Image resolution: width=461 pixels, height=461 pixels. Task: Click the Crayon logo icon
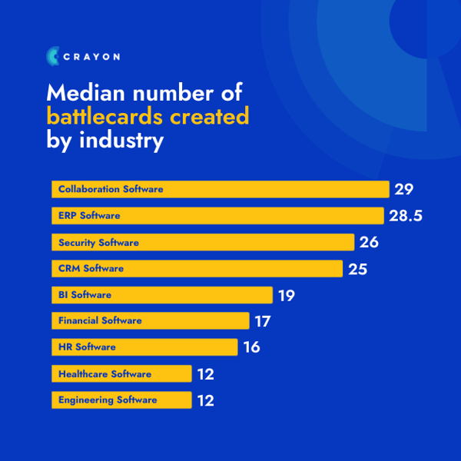tap(52, 55)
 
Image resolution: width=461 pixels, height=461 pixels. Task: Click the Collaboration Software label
tap(111, 189)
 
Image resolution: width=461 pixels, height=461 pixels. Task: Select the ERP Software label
tap(89, 216)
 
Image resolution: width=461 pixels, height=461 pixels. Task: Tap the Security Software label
tap(98, 243)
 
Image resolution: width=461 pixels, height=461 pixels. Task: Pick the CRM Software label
tap(91, 269)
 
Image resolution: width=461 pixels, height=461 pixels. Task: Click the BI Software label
tap(85, 295)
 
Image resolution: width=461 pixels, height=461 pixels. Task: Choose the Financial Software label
tap(100, 320)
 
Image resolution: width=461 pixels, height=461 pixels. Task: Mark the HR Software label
tap(87, 347)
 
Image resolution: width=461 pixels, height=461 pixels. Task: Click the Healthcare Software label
tap(104, 374)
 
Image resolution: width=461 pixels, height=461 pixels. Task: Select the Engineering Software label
tap(108, 400)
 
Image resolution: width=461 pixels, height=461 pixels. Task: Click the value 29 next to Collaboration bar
tap(404, 189)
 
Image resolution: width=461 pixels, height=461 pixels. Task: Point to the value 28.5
tap(406, 216)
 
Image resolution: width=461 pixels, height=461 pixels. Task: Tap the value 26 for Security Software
tap(369, 243)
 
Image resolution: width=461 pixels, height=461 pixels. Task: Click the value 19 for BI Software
tap(286, 295)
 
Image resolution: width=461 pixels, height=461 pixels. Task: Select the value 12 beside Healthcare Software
tap(204, 374)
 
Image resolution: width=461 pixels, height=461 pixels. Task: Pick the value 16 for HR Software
tap(251, 347)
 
